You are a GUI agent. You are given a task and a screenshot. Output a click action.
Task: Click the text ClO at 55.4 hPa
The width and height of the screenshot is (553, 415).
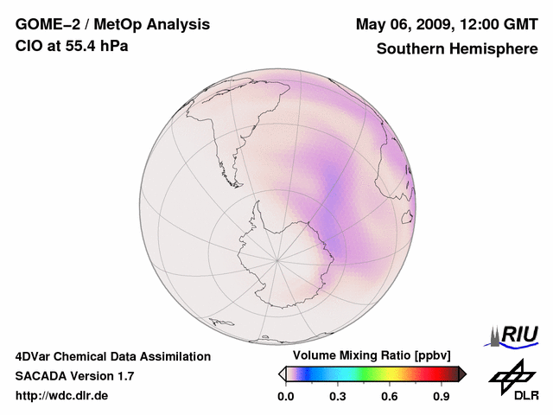pyautogui.click(x=72, y=45)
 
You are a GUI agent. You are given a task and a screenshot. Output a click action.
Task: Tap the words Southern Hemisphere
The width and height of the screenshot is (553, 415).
pyautogui.click(x=457, y=49)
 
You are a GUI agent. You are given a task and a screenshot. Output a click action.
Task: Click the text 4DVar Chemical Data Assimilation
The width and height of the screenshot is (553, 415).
pyautogui.click(x=113, y=356)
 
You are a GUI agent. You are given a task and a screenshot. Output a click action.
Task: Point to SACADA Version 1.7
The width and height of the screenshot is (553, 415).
pyautogui.click(x=74, y=376)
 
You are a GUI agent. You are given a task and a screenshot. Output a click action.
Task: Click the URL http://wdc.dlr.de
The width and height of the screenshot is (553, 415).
pyautogui.click(x=62, y=396)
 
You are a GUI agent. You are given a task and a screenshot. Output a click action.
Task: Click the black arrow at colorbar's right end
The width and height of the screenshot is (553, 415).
pyautogui.click(x=462, y=373)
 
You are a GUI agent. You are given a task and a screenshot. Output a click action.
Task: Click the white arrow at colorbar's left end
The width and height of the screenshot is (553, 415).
pyautogui.click(x=282, y=373)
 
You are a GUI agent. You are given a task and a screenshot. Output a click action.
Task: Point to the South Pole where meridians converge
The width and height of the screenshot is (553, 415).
pyautogui.click(x=277, y=258)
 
